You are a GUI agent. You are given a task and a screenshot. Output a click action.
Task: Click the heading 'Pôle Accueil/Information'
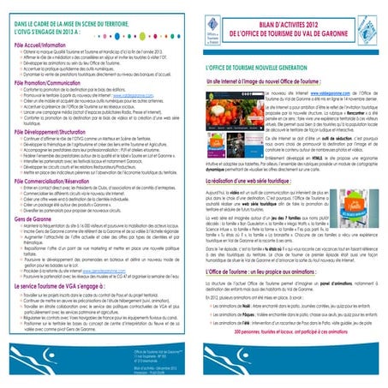coord(33,46)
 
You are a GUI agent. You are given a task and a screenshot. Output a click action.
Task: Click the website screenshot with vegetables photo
coord(224,128)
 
